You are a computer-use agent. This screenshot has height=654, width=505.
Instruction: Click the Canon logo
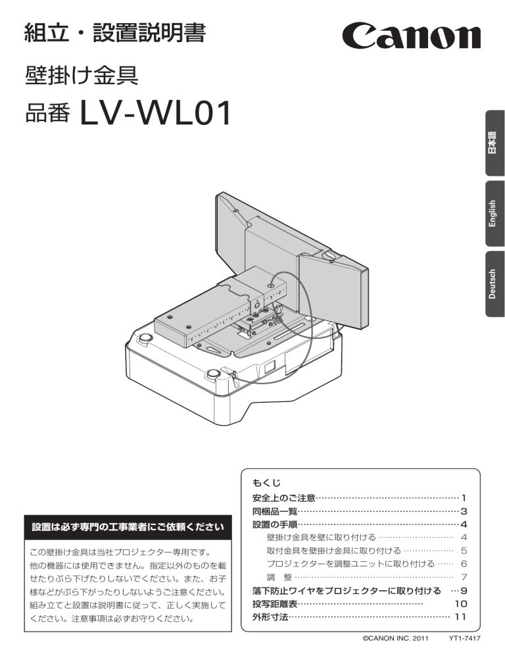[x=411, y=36]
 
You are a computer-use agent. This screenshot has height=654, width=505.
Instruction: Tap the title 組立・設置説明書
[x=115, y=33]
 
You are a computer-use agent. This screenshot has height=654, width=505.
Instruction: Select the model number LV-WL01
[x=155, y=113]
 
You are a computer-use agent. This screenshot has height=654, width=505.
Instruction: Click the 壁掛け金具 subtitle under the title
[x=82, y=76]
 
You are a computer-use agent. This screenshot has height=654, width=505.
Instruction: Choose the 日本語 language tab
[x=495, y=143]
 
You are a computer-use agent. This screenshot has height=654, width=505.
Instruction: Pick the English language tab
[x=495, y=214]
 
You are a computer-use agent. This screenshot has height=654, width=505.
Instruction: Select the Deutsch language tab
[x=495, y=284]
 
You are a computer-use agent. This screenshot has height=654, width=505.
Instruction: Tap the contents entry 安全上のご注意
[x=284, y=498]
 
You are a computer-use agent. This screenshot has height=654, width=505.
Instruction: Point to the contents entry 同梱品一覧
[x=275, y=511]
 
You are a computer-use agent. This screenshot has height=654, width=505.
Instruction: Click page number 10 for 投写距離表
[x=461, y=603]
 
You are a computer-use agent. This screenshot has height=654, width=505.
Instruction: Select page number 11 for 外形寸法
[x=461, y=617]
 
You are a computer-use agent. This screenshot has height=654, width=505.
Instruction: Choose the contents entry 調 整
[x=279, y=577]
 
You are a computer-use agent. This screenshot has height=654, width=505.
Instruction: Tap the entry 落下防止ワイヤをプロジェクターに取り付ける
[x=347, y=591]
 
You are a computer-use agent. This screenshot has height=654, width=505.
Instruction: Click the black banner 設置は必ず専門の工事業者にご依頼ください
[x=128, y=527]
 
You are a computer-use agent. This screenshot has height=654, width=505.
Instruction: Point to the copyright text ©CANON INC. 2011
[x=395, y=638]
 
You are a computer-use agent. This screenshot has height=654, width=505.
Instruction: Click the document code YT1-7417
[x=464, y=638]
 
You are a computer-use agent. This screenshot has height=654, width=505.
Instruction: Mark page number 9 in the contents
[x=464, y=591]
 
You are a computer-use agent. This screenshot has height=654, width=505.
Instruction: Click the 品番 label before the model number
[x=47, y=114]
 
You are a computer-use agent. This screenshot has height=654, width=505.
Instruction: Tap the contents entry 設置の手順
[x=275, y=524]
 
